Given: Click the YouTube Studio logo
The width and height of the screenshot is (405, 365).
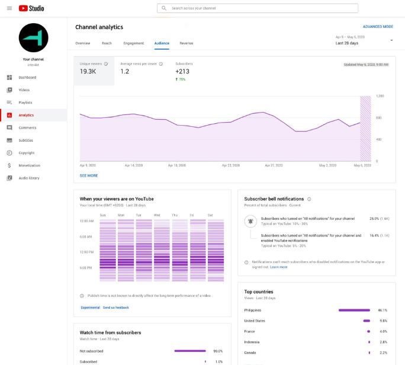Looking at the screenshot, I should point(31,8).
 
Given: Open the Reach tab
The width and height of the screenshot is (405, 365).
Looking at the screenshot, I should point(107,43).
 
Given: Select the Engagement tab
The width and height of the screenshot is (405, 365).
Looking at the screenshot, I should point(133,43).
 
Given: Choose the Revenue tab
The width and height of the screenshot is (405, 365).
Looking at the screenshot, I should point(186,43).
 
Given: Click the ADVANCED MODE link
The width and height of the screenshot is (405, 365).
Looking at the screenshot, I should point(378,27).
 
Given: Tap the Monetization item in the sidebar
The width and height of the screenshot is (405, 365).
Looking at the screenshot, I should point(29,165).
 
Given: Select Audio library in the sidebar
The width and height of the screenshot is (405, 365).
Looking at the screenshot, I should point(29,178).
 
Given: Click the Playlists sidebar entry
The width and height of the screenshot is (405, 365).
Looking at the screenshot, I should point(25,103).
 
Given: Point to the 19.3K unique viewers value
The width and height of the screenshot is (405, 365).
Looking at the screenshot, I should point(88,72).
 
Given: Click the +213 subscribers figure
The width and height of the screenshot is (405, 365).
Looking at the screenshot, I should point(182,72).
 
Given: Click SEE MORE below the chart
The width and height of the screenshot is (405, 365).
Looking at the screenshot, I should point(89,175).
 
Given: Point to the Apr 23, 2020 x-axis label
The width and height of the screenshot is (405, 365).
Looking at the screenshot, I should point(230,165).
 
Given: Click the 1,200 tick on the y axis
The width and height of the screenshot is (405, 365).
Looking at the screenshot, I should point(380,95).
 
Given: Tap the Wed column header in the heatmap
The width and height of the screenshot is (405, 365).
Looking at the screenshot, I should point(157,214).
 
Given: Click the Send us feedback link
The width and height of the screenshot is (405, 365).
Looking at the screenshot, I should point(115,308).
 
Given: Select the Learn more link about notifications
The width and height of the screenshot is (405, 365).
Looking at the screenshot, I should point(278,267).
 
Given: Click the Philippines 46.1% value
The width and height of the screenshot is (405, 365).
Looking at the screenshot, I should point(382,310).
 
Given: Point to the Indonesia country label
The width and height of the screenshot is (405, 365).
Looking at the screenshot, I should point(253,342).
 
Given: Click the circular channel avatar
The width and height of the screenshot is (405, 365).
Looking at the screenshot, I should point(33,38).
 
